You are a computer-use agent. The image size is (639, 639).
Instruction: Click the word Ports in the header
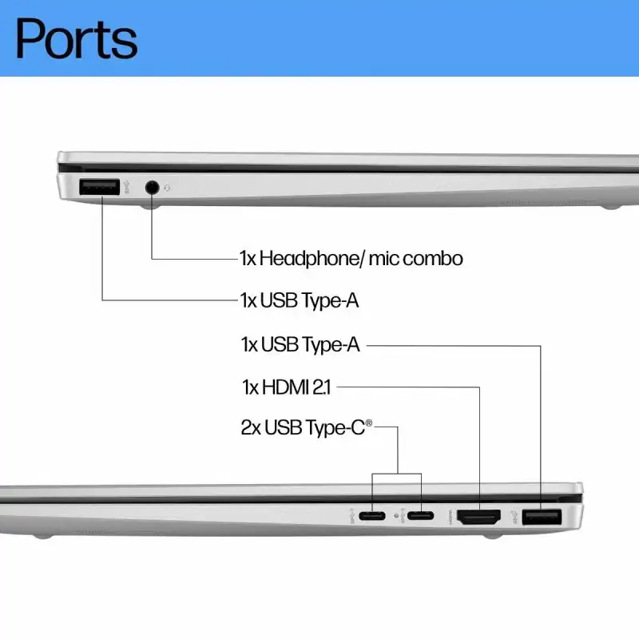[x=77, y=38]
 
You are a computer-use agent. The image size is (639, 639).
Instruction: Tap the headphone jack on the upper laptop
[x=153, y=188]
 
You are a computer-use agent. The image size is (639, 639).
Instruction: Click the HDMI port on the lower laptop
[x=478, y=517]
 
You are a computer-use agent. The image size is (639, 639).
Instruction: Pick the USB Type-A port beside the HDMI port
[x=542, y=517]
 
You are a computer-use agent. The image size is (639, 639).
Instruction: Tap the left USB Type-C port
[x=371, y=515]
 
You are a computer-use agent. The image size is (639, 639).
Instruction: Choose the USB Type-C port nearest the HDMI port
[x=420, y=515]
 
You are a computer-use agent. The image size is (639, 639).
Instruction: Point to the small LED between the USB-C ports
[x=396, y=516]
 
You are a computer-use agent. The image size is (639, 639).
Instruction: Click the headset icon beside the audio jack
[x=168, y=189]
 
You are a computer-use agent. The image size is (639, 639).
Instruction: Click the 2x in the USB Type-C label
[x=251, y=427]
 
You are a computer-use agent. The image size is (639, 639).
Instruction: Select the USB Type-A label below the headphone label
[x=300, y=301]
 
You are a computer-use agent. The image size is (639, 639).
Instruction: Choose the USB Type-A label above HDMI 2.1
[x=300, y=344]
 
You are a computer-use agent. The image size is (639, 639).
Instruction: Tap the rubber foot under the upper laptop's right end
[x=611, y=208]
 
